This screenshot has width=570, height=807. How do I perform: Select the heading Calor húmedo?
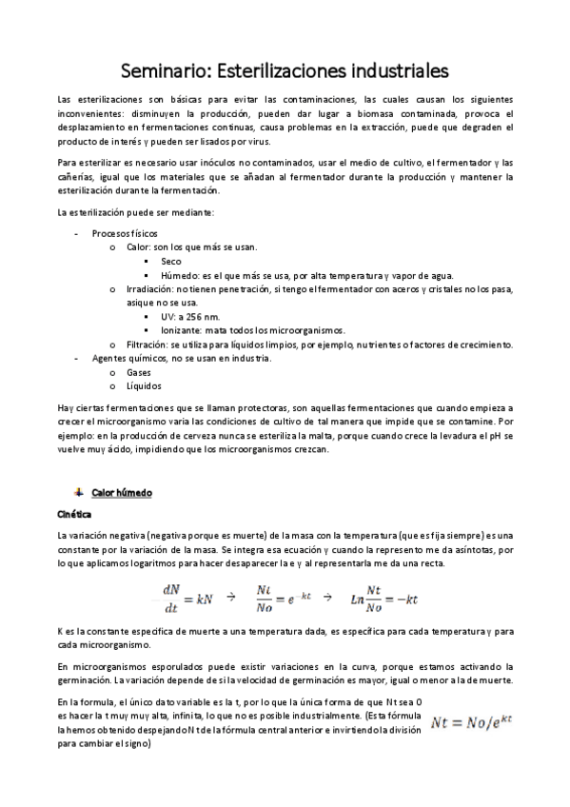tap(122, 492)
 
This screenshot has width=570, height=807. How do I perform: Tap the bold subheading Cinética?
tap(74, 514)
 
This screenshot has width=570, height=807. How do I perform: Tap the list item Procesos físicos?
tap(125, 233)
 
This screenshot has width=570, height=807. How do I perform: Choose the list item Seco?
tap(171, 261)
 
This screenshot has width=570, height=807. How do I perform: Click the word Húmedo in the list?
tap(181, 274)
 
